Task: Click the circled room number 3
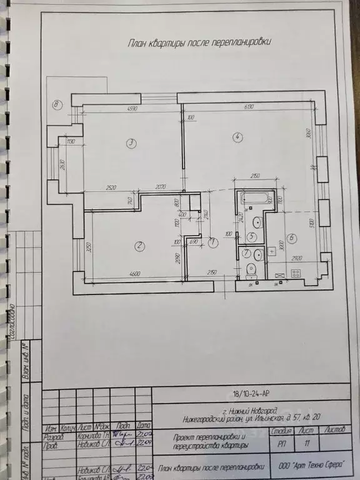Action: pyautogui.click(x=131, y=143)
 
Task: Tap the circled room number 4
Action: pyautogui.click(x=236, y=137)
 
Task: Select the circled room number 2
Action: pyautogui.click(x=139, y=246)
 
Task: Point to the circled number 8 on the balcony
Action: pyautogui.click(x=57, y=104)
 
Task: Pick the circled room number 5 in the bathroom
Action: pyautogui.click(x=251, y=237)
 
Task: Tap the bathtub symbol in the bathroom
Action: pyautogui.click(x=256, y=198)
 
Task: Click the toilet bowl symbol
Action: pyautogui.click(x=251, y=270)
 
